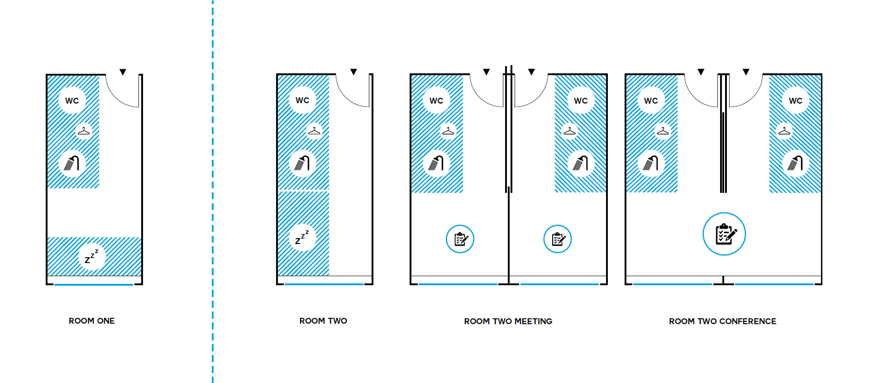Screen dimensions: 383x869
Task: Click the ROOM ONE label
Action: pos(91,321)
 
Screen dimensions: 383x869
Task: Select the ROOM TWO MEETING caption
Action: pos(508,321)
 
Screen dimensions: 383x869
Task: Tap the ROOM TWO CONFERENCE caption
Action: pos(722,321)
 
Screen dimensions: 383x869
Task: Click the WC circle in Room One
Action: pos(72,101)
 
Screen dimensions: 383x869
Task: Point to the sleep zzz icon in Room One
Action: pos(92,257)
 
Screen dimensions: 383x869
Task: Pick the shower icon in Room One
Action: pos(72,163)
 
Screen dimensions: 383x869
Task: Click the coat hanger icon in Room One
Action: pos(84,131)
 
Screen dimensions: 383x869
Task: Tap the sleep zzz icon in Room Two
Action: pos(302,237)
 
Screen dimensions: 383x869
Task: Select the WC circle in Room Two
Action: pos(302,101)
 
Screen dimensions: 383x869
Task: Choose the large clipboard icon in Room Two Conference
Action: pos(724,234)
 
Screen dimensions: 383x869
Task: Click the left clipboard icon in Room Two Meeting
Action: pos(460,239)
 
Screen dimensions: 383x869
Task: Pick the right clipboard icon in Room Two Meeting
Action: pos(558,239)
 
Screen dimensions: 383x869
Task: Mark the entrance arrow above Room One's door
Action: pos(123,72)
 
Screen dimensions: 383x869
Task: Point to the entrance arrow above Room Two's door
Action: pos(353,72)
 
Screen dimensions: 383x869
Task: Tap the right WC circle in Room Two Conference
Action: pos(795,101)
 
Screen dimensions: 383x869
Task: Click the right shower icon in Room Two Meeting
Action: pos(580,163)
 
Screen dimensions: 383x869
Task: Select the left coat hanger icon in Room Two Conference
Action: pos(663,131)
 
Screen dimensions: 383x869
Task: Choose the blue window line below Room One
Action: pos(94,284)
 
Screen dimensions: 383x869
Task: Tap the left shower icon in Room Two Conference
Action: pos(651,163)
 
